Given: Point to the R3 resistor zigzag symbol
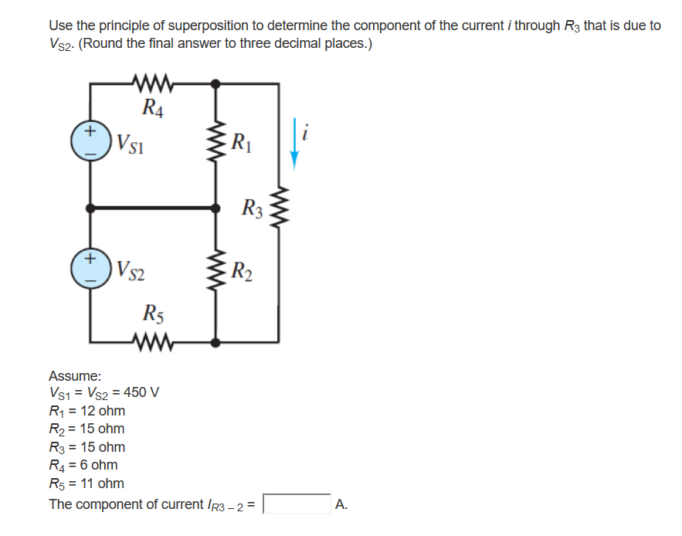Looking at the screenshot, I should click(278, 208).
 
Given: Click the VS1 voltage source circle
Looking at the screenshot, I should click(91, 143).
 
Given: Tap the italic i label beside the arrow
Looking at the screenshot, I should click(307, 134).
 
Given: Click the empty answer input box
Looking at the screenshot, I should click(297, 504).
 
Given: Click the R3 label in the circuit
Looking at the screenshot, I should click(252, 207).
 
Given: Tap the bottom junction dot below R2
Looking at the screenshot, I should click(216, 341).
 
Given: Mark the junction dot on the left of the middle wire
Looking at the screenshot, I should click(91, 208).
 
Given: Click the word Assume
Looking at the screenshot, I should click(75, 376).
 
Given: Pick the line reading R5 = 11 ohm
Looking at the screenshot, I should click(86, 483).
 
